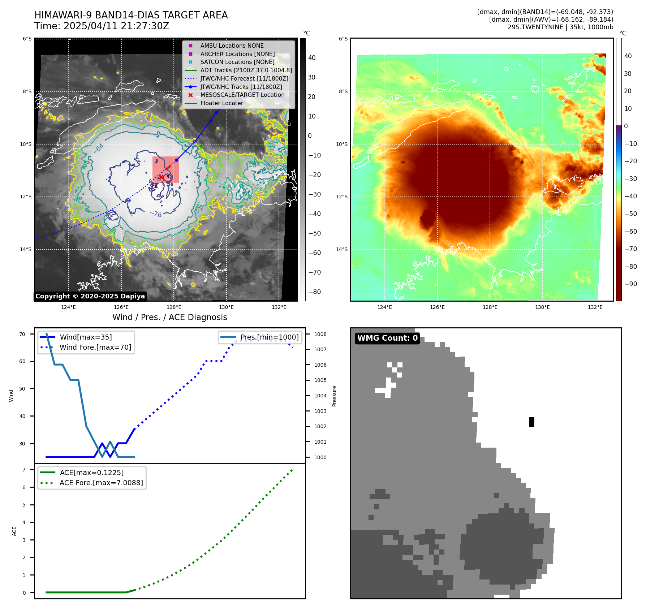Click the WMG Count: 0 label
click(x=387, y=338)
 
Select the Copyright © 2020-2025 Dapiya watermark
click(x=90, y=296)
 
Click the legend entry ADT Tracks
click(x=246, y=70)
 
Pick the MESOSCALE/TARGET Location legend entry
click(x=242, y=95)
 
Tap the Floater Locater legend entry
click(x=221, y=103)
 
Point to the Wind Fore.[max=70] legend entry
click(x=95, y=347)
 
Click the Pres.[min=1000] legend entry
click(x=270, y=337)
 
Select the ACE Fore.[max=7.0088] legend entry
click(x=101, y=483)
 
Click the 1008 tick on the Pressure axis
click(x=320, y=334)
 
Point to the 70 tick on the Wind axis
click(x=22, y=334)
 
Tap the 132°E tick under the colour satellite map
click(x=595, y=307)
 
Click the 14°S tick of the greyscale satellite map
click(x=26, y=249)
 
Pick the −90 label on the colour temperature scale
click(x=630, y=284)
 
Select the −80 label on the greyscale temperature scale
click(x=314, y=292)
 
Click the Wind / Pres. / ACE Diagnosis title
click(x=170, y=317)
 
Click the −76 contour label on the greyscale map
click(x=156, y=214)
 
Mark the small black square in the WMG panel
click(x=531, y=422)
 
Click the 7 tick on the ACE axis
click(x=24, y=470)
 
